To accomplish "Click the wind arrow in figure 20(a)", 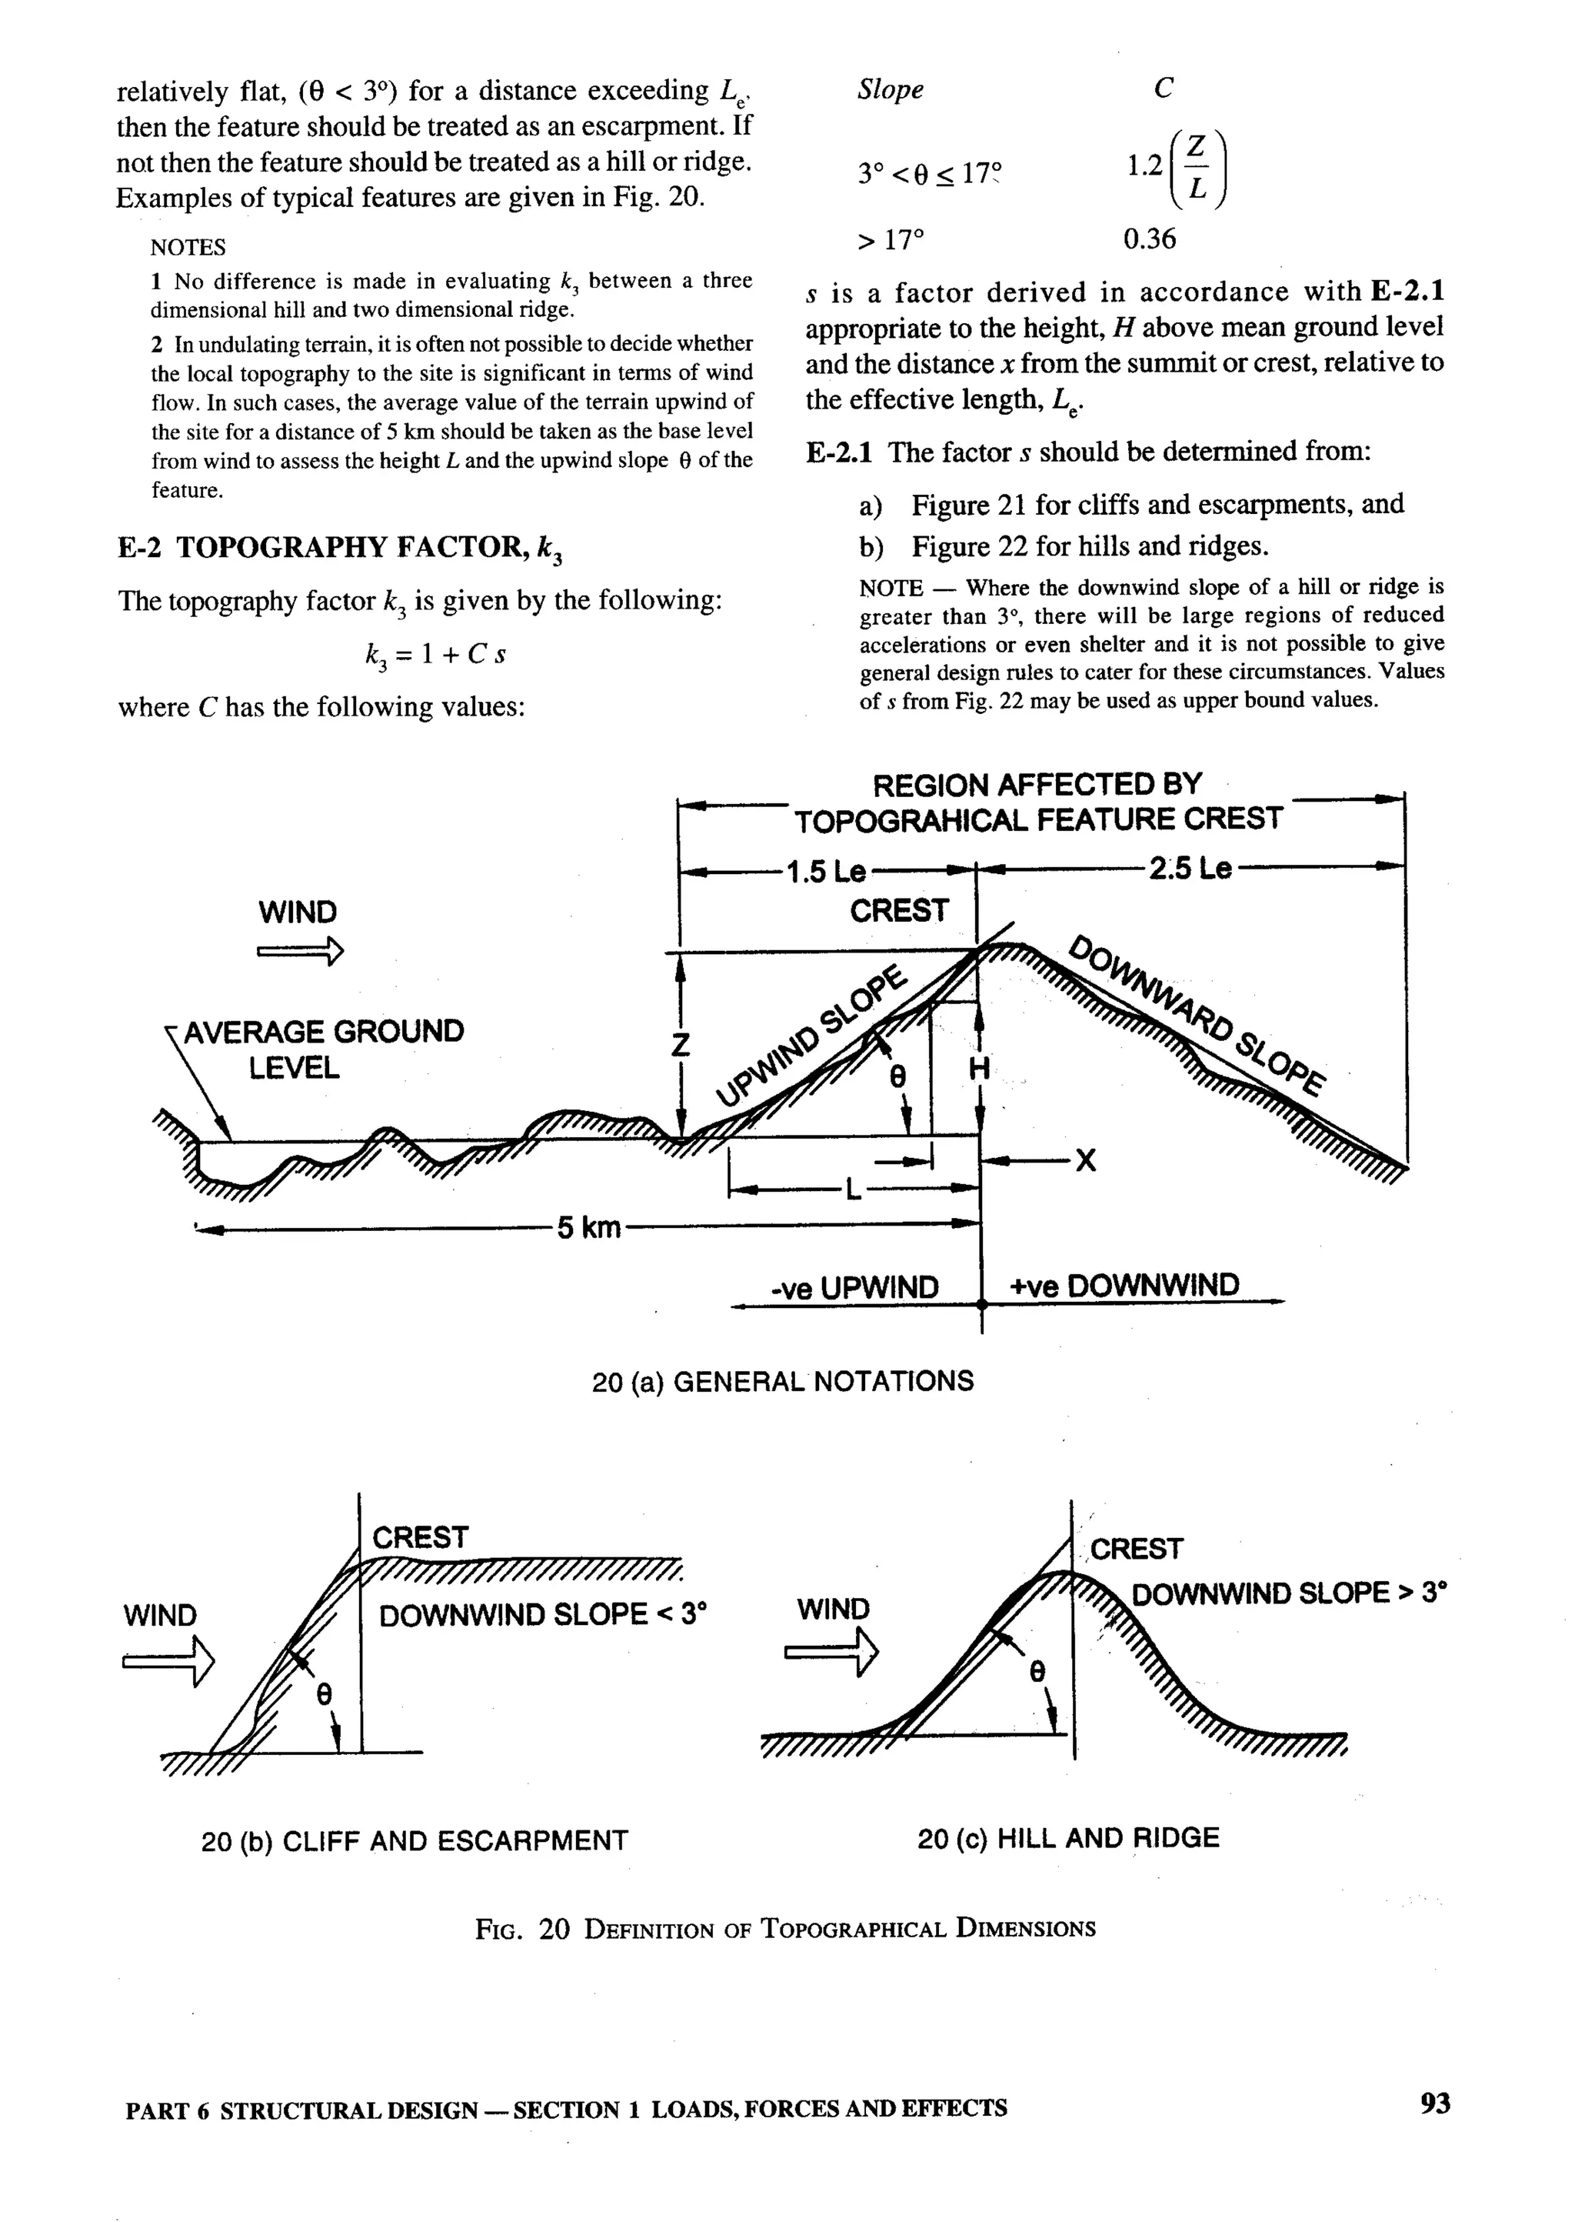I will [300, 952].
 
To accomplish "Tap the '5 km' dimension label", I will [588, 1227].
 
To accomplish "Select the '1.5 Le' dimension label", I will [825, 871].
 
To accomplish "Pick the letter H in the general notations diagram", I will [980, 1069].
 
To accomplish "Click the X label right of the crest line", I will [1086, 1159].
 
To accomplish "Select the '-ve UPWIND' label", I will [854, 1288].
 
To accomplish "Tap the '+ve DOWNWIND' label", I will [1124, 1286].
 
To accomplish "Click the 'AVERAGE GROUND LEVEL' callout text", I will [322, 1049].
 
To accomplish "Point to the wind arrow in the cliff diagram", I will [168, 1662].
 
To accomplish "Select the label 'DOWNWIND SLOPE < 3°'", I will [542, 1616].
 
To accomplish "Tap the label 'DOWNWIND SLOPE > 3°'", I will [1289, 1594].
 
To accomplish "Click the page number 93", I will [1434, 2103].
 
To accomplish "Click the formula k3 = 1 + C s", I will [435, 655].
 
